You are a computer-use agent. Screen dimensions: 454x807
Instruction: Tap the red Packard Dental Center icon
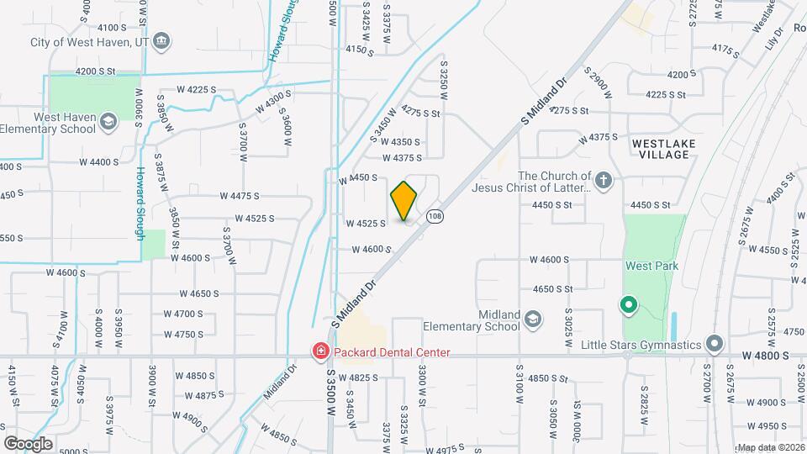[x=320, y=352]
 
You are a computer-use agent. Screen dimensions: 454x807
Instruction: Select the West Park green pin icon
[x=627, y=304]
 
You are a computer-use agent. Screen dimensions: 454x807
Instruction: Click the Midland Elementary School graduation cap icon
[x=532, y=319]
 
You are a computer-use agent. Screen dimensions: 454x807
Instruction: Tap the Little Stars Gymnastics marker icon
[x=715, y=344]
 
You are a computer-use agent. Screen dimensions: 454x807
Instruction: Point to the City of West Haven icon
[x=162, y=41]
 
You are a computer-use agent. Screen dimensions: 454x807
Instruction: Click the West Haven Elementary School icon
[x=108, y=123]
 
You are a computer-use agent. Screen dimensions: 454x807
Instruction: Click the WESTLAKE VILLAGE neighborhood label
[x=664, y=150]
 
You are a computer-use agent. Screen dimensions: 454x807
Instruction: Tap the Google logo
[x=28, y=443]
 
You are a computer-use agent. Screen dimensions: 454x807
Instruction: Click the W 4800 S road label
[x=766, y=356]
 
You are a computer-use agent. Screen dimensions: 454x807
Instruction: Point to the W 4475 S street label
[x=240, y=196]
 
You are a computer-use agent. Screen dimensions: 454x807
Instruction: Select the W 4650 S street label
[x=198, y=293]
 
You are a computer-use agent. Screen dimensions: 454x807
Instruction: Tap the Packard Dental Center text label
[x=392, y=353]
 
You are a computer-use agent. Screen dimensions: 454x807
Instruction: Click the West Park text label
[x=651, y=266]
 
